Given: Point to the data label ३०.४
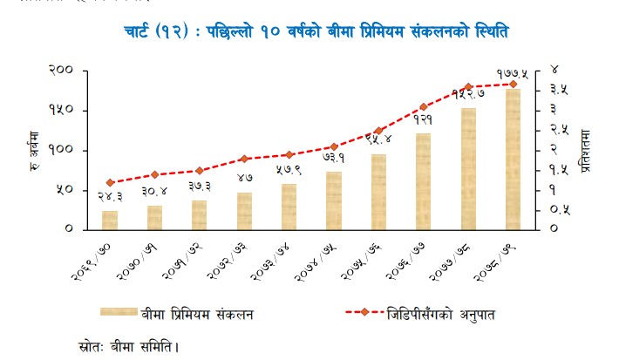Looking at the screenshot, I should (154, 190).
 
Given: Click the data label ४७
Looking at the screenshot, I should (245, 177).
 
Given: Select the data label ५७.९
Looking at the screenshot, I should (289, 169).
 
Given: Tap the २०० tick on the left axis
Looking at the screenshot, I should (60, 71).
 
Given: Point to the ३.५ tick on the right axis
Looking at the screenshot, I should (559, 90).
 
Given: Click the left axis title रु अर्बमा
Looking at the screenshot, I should (35, 150).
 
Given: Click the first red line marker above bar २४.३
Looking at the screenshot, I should (110, 182).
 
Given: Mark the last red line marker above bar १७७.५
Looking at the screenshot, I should (513, 85).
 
